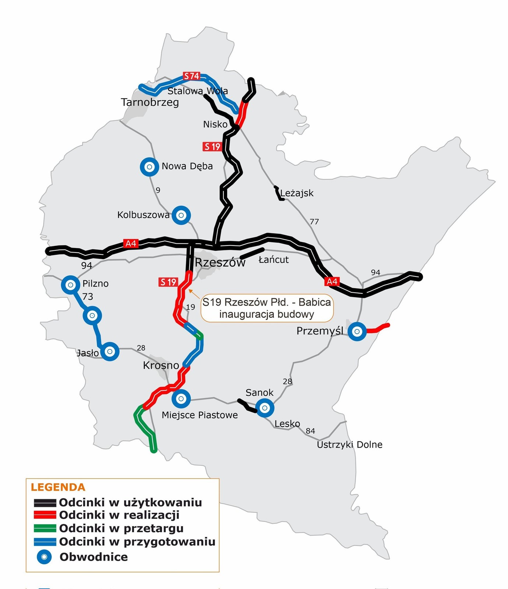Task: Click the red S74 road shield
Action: [x=191, y=76]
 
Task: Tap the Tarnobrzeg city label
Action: [x=150, y=102]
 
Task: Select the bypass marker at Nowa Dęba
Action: [x=149, y=167]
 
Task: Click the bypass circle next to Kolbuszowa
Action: [x=181, y=215]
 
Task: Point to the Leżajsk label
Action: [x=297, y=193]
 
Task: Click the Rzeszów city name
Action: [x=220, y=262]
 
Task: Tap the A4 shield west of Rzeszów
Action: [x=131, y=243]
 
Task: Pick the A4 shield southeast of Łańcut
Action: [x=332, y=282]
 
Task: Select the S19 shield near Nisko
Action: [x=212, y=147]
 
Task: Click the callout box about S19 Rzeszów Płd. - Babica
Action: [x=267, y=308]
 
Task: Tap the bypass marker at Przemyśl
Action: [x=357, y=331]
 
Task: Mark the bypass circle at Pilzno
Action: [x=71, y=285]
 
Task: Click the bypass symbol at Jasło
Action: [x=110, y=352]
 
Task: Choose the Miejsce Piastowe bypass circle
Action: [x=181, y=399]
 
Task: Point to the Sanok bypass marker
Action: [x=265, y=408]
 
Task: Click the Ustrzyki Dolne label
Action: [x=349, y=445]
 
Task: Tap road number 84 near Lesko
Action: [x=310, y=431]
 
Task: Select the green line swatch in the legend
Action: [x=45, y=528]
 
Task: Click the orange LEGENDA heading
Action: [x=58, y=487]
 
